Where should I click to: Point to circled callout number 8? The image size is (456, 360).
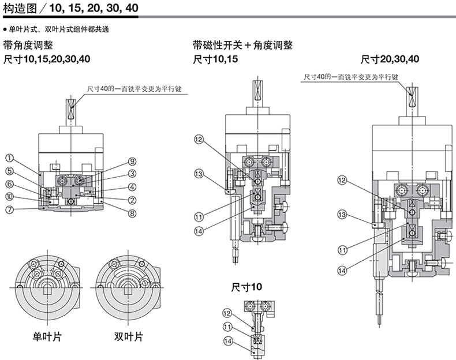132,213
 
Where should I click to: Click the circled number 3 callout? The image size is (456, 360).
132,173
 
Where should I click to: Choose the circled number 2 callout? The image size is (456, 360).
132,200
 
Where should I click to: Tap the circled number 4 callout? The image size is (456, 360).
132,187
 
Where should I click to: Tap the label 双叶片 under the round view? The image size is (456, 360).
128,336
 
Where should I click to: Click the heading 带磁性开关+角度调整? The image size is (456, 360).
243,46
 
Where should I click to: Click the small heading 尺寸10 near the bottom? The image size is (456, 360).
246,287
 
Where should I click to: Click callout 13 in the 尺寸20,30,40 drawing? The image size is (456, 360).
342,215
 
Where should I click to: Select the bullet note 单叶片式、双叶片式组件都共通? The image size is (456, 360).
63,28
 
